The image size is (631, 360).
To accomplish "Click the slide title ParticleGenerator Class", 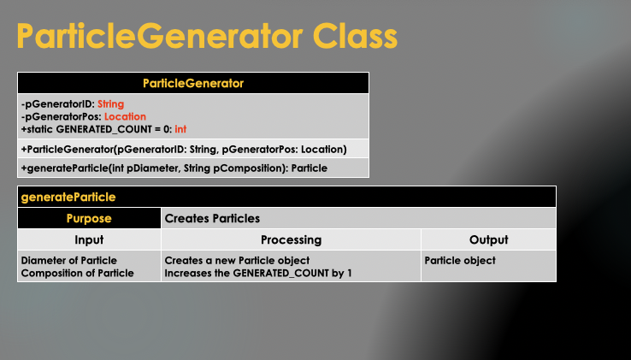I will (208, 37).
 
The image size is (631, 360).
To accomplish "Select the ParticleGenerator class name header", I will (193, 84).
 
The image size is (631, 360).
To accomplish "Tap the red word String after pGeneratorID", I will (110, 104).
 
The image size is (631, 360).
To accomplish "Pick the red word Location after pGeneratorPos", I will (125, 116).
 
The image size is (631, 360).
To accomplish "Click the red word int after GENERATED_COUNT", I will (180, 129).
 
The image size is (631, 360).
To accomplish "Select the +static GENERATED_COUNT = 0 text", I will (96, 129).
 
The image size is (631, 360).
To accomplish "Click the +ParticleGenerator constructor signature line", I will (184, 149).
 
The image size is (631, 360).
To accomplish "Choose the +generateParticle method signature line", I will (174, 168).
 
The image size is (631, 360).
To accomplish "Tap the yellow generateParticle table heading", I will (68, 197).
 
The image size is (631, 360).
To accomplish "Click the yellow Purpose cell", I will (89, 219).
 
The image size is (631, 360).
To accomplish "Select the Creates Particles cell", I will (212, 219).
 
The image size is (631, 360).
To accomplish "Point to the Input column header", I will (89, 240).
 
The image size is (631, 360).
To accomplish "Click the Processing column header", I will (291, 240).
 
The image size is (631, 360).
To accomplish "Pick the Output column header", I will (488, 240).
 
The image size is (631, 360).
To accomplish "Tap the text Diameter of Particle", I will (68, 260).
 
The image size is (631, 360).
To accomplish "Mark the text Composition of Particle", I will (77, 273).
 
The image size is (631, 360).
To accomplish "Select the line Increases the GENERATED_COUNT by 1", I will (257, 273).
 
